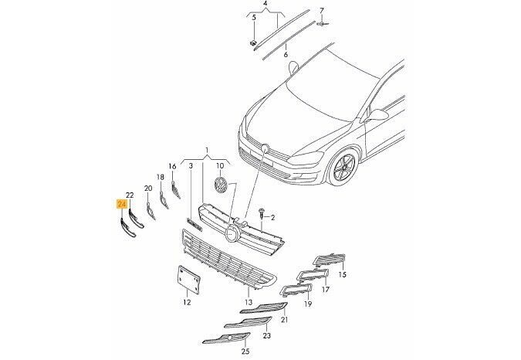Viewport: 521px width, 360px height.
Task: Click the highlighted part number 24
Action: coord(121,204)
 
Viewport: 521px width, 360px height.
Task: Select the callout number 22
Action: coord(130,195)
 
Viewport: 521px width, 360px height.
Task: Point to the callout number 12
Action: coord(187,302)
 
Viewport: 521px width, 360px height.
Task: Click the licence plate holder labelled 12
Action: coord(189,280)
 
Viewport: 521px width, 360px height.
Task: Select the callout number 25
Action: coord(245,351)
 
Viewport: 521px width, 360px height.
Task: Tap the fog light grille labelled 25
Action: coord(227,338)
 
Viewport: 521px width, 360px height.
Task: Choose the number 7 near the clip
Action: coord(321,11)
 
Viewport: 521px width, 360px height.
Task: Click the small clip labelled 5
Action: coord(253,42)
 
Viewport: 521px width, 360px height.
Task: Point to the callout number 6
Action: coord(286,55)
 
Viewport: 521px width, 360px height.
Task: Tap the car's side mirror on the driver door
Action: coord(377,116)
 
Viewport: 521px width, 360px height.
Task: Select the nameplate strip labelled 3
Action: coord(195,224)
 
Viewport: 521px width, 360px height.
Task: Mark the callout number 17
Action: coord(326,290)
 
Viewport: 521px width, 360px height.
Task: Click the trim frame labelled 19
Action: coord(296,290)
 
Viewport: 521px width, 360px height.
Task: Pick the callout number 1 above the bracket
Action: coord(207,149)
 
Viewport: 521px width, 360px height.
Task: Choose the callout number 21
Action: coord(284,320)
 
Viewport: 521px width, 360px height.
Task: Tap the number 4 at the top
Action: coord(266,4)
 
